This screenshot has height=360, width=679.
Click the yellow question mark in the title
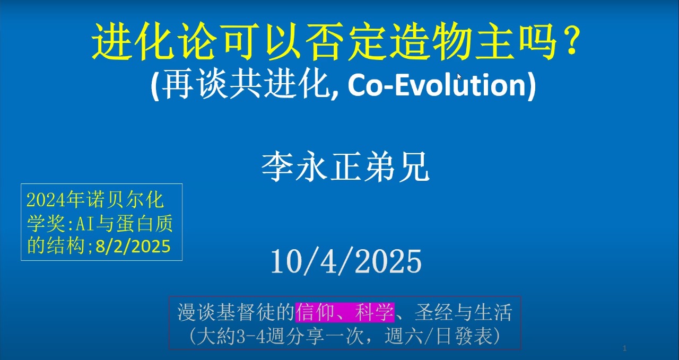570,41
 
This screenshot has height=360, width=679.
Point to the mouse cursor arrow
459,76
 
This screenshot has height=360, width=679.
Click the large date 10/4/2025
346,261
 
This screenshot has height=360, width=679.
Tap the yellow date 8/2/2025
133,246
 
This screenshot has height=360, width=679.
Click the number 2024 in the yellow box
46,200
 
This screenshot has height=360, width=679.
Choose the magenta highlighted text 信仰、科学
345,312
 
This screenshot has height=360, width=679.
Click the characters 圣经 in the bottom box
434,312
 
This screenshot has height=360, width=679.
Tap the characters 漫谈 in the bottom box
196,312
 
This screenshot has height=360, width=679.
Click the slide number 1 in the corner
624,348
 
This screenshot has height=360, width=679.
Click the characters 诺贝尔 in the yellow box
115,200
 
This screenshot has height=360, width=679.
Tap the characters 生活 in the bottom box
493,312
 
